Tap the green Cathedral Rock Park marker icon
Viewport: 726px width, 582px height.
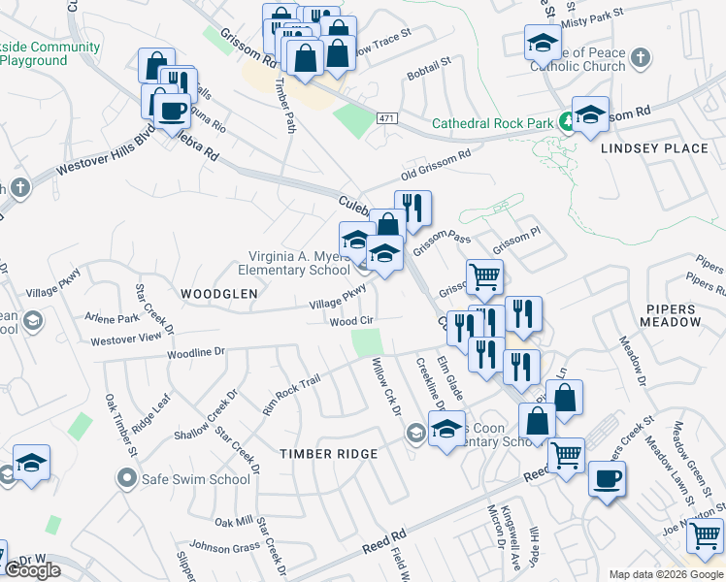pos(565,122)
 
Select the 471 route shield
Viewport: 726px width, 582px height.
pos(388,117)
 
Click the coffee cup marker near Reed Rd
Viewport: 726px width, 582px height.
pos(608,479)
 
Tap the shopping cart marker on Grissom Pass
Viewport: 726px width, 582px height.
pos(484,276)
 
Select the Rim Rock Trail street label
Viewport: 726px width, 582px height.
pos(290,396)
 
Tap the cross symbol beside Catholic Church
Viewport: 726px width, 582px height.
pos(639,59)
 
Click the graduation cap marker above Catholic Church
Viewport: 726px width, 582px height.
pos(543,42)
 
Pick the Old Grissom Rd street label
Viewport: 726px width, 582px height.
pos(437,165)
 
